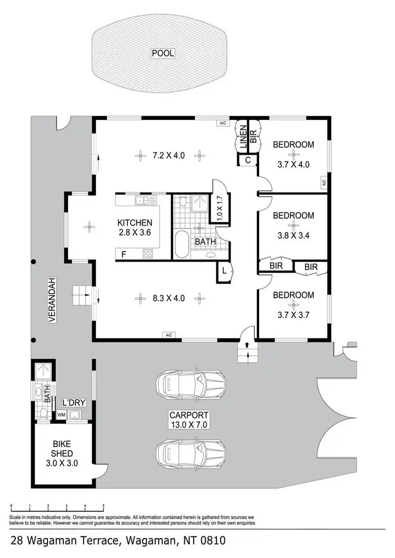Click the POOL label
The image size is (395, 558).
point(163,53)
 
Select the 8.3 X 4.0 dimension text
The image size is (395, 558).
point(168,298)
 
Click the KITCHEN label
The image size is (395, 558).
point(135,223)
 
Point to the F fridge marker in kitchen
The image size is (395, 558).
point(123,254)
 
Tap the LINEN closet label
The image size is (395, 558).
point(243,136)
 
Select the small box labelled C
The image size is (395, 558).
point(248,161)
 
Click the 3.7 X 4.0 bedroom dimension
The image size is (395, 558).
point(293,164)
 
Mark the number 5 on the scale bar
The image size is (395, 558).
point(104,506)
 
